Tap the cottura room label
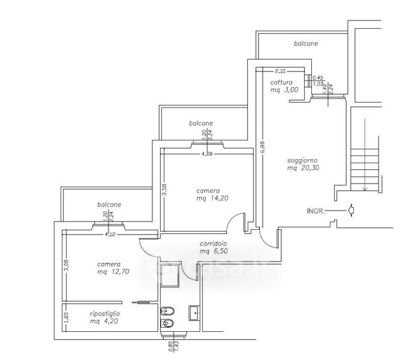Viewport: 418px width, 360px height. coord(281,82)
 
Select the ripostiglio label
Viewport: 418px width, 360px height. coord(105,314)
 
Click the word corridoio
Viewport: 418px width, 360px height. coord(212,244)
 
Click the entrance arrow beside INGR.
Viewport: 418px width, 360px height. coord(351,210)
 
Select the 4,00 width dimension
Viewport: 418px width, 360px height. coord(206,154)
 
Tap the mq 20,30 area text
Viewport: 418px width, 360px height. coord(302,169)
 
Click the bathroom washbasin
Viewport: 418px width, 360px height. coord(194,311)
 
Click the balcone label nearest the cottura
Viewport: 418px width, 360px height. coord(306,44)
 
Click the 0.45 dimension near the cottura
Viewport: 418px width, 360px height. coord(319,77)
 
